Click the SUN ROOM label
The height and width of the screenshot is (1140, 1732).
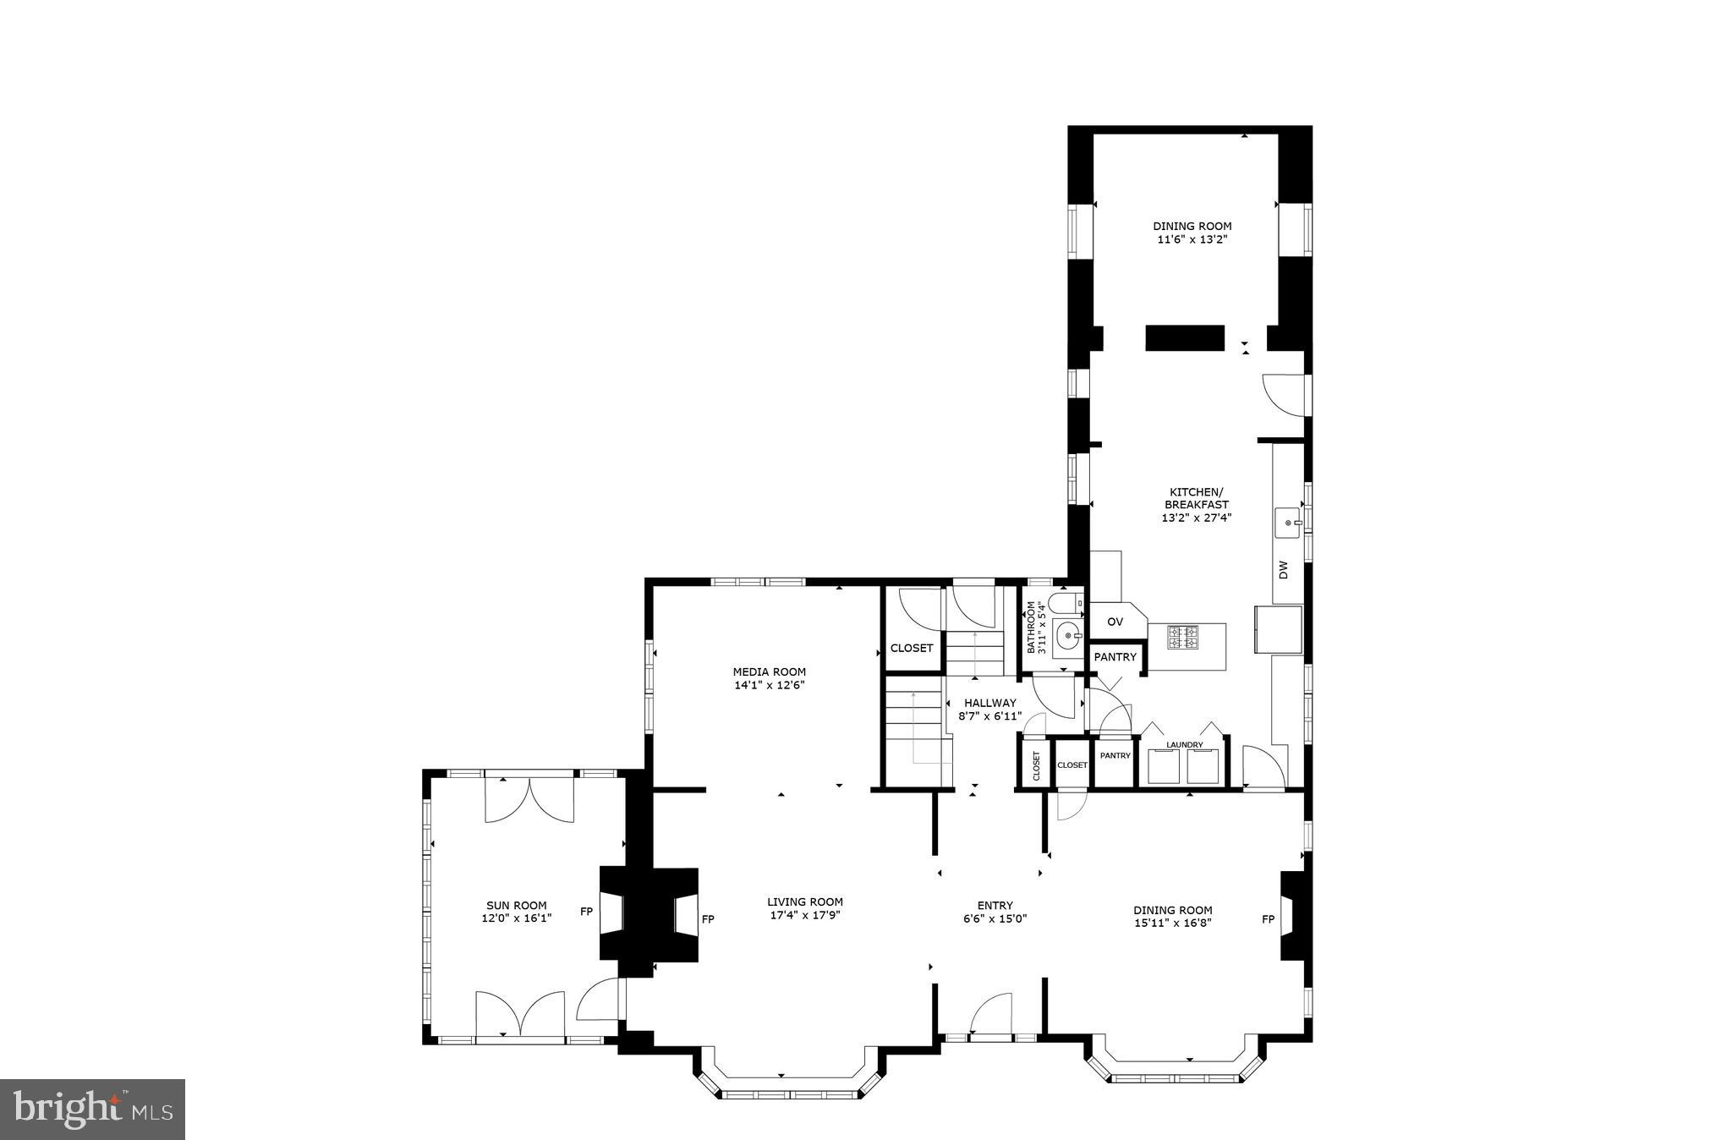pyautogui.click(x=516, y=905)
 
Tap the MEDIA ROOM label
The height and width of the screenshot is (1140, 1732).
pyautogui.click(x=769, y=672)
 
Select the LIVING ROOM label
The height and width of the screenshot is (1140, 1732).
pyautogui.click(x=804, y=902)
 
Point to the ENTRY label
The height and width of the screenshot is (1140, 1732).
pyautogui.click(x=995, y=905)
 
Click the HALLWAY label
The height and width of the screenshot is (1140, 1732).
pyautogui.click(x=989, y=703)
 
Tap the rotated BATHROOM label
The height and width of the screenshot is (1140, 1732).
pyautogui.click(x=1031, y=627)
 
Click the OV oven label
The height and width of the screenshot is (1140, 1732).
pyautogui.click(x=1115, y=622)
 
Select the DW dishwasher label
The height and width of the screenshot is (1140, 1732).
pyautogui.click(x=1283, y=570)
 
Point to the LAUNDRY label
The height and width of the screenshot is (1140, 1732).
pyautogui.click(x=1184, y=745)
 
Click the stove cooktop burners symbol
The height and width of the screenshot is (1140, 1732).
pyautogui.click(x=1183, y=637)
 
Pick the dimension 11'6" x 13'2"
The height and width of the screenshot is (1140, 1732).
pyautogui.click(x=1192, y=239)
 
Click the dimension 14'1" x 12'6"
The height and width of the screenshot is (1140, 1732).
pyautogui.click(x=769, y=685)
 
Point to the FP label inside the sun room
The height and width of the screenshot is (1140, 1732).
pyautogui.click(x=586, y=912)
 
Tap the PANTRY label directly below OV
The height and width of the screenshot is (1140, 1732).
pyautogui.click(x=1115, y=657)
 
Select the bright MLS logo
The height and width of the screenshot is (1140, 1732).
pyautogui.click(x=93, y=1109)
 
